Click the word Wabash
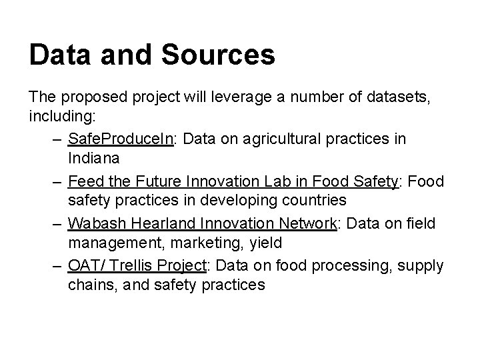93,222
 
